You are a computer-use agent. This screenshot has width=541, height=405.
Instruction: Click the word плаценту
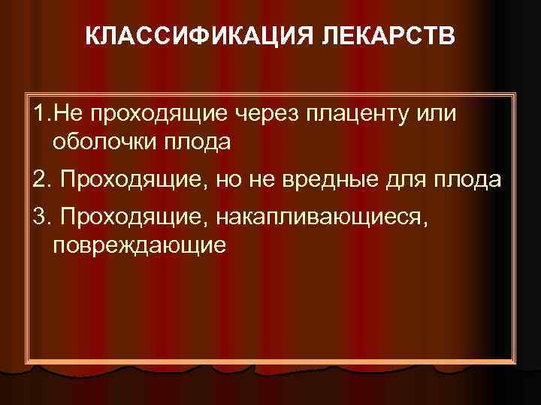(361, 112)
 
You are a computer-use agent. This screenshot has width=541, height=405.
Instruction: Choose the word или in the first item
(440, 112)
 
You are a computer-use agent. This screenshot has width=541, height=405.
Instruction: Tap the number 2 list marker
(40, 181)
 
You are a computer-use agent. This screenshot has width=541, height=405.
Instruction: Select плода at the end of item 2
(474, 181)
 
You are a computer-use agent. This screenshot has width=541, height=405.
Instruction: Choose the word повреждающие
(139, 244)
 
